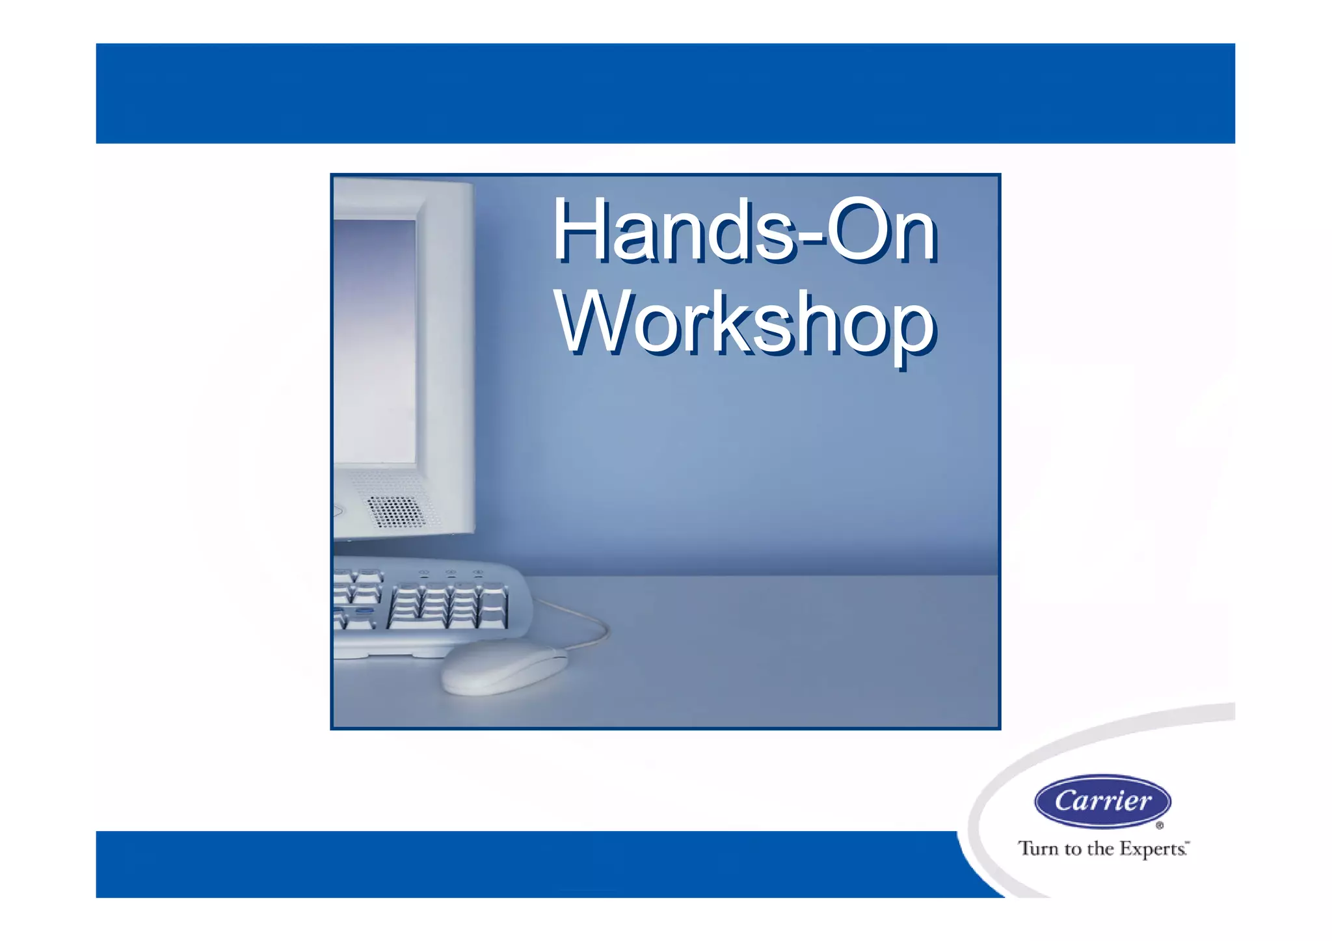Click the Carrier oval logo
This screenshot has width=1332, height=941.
click(1102, 801)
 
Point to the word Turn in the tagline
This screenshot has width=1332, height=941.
click(1039, 849)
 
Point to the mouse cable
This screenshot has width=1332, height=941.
click(589, 624)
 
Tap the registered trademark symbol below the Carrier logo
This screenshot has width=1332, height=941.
click(1159, 826)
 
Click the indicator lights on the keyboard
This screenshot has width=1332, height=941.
click(450, 573)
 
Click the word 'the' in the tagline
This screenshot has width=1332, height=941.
click(1100, 849)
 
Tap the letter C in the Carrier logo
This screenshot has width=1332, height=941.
click(1067, 801)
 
